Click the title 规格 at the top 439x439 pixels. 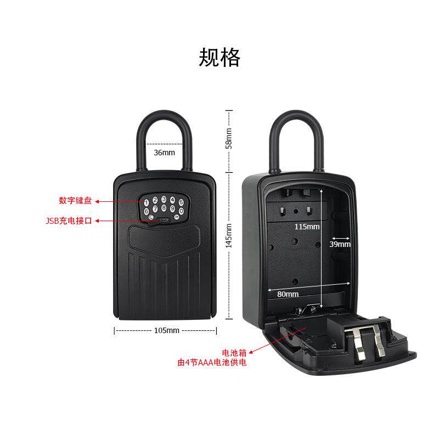click(x=219, y=57)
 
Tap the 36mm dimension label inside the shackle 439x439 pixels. click(x=164, y=152)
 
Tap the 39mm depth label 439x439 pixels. click(x=340, y=244)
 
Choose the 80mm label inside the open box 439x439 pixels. click(x=288, y=294)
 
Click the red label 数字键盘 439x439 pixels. click(x=76, y=200)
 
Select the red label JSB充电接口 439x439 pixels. click(x=70, y=221)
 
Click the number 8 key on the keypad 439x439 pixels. click(x=164, y=208)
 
